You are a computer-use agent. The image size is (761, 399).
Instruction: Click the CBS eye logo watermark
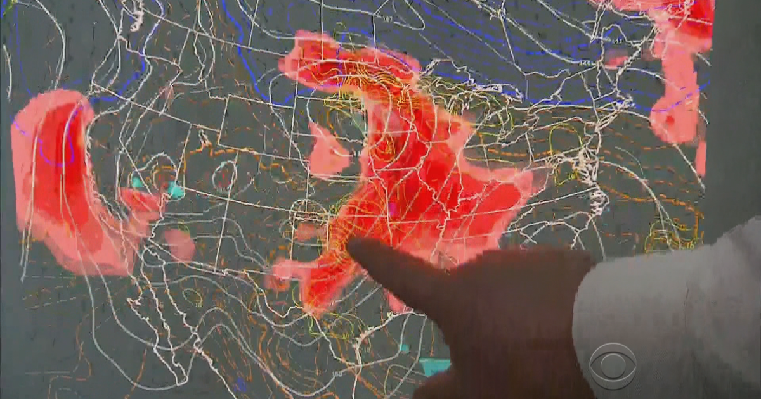pyautogui.click(x=612, y=365)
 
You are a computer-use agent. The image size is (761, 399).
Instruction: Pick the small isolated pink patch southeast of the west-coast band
pyautogui.click(x=179, y=244)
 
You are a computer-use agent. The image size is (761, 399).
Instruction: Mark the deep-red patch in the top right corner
pyautogui.click(x=691, y=13)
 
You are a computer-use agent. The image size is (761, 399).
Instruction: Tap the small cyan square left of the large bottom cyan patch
pyautogui.click(x=404, y=348)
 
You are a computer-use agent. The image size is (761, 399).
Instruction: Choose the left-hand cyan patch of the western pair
pyautogui.click(x=138, y=182)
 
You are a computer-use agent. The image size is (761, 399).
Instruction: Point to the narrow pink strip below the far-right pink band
pyautogui.click(x=701, y=158)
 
